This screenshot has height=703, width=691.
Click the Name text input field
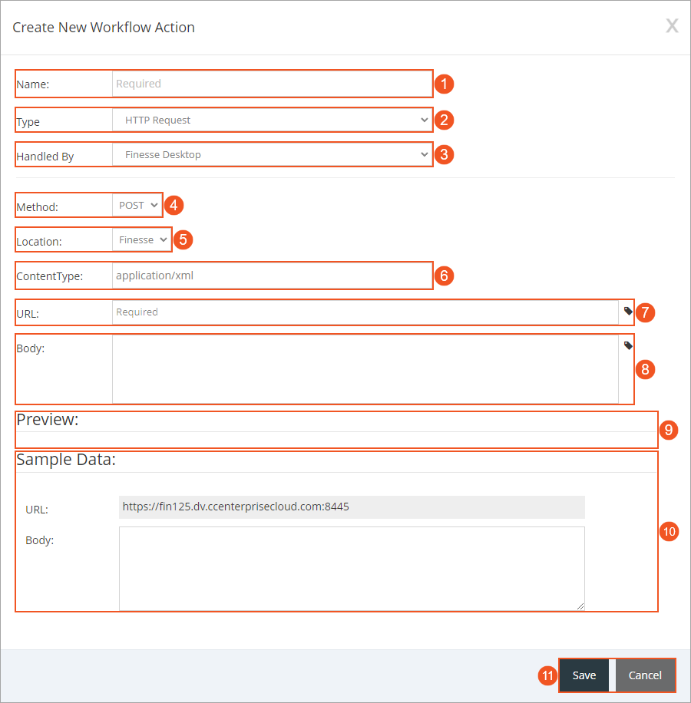(x=272, y=84)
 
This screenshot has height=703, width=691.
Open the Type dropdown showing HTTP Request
(x=272, y=120)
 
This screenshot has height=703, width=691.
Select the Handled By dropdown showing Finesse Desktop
(x=272, y=154)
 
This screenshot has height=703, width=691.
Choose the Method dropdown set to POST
(x=138, y=205)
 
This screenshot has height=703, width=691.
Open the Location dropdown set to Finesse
(x=142, y=239)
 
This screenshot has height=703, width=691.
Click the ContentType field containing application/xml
(x=272, y=275)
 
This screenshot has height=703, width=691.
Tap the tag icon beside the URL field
(x=628, y=312)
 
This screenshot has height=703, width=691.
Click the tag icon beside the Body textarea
(x=628, y=345)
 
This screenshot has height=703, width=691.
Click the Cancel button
(x=645, y=675)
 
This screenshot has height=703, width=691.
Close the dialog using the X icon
(x=672, y=26)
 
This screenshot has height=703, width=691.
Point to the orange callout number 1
(x=445, y=84)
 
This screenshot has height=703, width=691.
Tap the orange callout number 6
(x=445, y=276)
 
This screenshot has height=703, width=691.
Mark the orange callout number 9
(x=670, y=430)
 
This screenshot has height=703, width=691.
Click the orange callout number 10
(x=670, y=531)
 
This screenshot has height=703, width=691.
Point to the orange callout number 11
(x=547, y=676)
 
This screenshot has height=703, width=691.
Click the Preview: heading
(x=48, y=420)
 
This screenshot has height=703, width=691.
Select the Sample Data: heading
(x=66, y=460)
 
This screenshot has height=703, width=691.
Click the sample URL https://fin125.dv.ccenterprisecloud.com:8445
(x=236, y=507)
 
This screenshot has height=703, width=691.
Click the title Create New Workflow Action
(x=104, y=28)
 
